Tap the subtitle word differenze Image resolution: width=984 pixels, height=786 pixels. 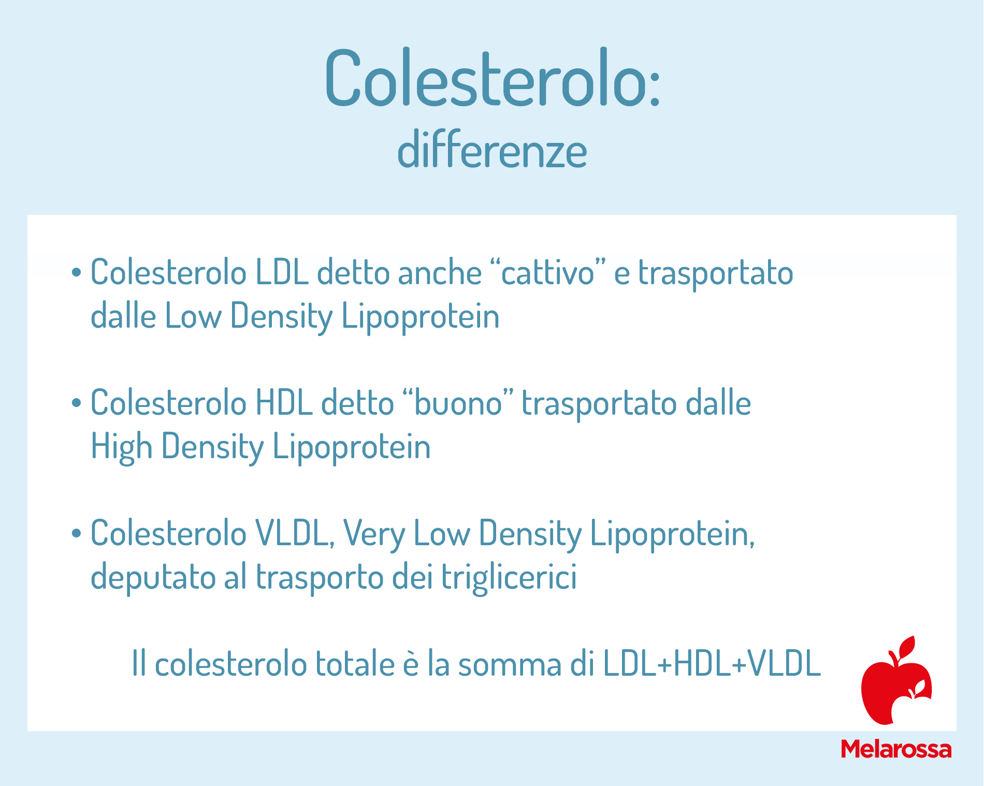tap(492, 151)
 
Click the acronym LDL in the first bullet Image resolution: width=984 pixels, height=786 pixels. tap(282, 272)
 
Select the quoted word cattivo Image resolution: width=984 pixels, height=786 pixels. tap(548, 272)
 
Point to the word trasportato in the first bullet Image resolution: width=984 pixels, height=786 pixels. tap(715, 272)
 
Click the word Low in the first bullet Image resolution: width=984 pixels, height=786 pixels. tap(193, 316)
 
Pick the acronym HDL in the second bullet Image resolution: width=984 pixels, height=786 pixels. tap(284, 403)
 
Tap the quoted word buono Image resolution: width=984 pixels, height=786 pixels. tap(458, 403)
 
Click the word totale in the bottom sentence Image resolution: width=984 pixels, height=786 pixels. tap(356, 664)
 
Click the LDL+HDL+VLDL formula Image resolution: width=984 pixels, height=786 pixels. tap(712, 664)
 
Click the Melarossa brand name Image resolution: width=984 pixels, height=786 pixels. tap(896, 749)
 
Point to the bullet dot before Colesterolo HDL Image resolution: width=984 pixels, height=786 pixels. tap(77, 403)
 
